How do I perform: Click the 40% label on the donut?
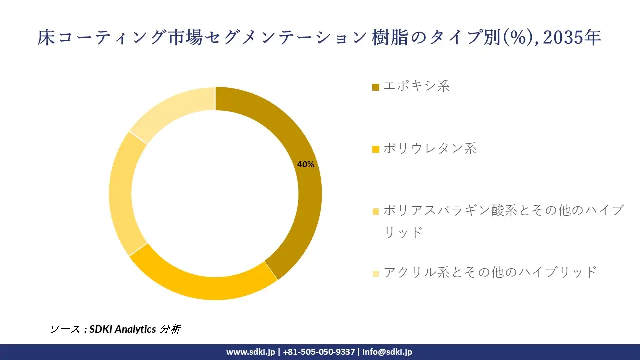coord(305,164)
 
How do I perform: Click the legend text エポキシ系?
coord(416,86)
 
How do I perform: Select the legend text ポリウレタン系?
coord(430,148)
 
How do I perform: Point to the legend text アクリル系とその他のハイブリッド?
coord(490,272)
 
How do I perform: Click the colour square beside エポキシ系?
coord(376,87)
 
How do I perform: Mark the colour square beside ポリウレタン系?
coord(376,149)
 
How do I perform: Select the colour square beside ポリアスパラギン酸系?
coord(376,212)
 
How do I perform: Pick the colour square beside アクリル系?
coord(376,273)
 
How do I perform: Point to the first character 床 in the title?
coord(46,38)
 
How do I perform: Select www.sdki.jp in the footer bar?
coord(251,352)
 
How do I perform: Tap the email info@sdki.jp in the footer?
coord(387,352)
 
